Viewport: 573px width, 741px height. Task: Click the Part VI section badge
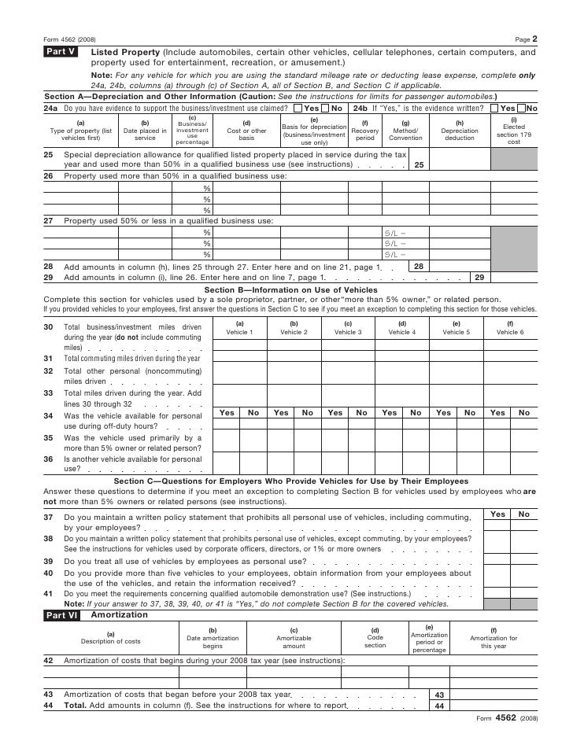60,615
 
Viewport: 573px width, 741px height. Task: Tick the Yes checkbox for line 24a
297,108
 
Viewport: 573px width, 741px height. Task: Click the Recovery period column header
364,131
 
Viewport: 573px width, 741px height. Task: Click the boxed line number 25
418,164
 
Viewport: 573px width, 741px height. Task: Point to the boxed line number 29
479,277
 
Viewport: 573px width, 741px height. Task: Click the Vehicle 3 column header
348,328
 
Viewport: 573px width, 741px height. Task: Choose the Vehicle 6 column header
509,328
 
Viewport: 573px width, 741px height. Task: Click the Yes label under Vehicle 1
227,412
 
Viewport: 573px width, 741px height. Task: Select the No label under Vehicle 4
416,412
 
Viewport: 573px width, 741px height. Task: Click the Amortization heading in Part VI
109,614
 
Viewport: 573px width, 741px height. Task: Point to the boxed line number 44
439,706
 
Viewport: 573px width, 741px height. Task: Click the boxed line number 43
439,695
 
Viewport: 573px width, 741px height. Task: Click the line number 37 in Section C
49,517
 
